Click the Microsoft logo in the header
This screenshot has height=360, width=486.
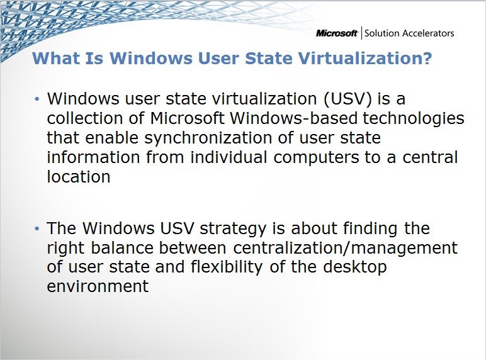coord(337,33)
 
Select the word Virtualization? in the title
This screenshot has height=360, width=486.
coord(367,59)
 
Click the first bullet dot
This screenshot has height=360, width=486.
coord(37,99)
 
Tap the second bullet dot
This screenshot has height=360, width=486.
coord(37,228)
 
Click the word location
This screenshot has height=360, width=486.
coord(79,177)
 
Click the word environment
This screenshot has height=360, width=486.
coord(98,286)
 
